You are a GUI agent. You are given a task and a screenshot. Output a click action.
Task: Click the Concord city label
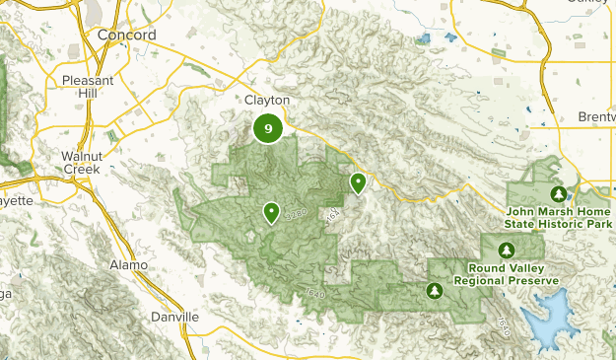click(x=127, y=35)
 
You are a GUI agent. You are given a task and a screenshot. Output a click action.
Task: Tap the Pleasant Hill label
click(x=88, y=86)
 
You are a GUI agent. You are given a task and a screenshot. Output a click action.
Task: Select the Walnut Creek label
click(x=81, y=163)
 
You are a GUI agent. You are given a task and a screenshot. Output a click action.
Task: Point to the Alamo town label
click(x=129, y=265)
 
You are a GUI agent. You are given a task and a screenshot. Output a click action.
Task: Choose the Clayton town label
click(x=268, y=101)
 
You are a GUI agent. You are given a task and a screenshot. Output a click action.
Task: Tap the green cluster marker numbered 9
click(x=268, y=128)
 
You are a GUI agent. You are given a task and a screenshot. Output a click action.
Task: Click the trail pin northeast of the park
click(x=358, y=182)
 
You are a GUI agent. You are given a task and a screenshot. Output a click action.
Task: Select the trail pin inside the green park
click(x=270, y=212)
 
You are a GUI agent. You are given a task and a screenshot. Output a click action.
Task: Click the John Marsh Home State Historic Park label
click(x=559, y=217)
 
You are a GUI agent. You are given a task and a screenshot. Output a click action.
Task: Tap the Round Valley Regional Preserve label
click(x=507, y=273)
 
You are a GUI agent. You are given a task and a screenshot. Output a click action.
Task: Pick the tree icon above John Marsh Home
click(x=559, y=193)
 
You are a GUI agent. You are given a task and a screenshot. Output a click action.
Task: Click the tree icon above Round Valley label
click(x=507, y=249)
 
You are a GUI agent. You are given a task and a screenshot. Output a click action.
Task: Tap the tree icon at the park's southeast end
click(x=434, y=290)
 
